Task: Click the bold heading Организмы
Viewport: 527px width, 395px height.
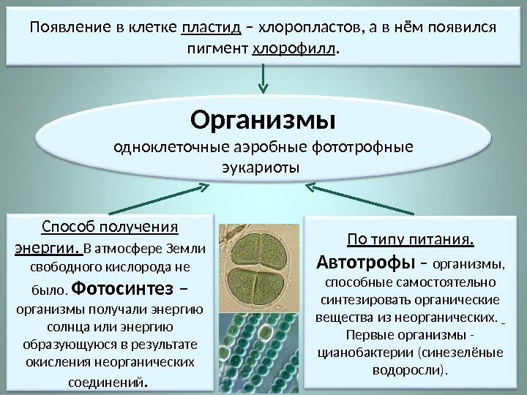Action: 262,118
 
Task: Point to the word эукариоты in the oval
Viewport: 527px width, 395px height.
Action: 261,168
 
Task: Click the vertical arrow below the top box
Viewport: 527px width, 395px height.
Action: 262,80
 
